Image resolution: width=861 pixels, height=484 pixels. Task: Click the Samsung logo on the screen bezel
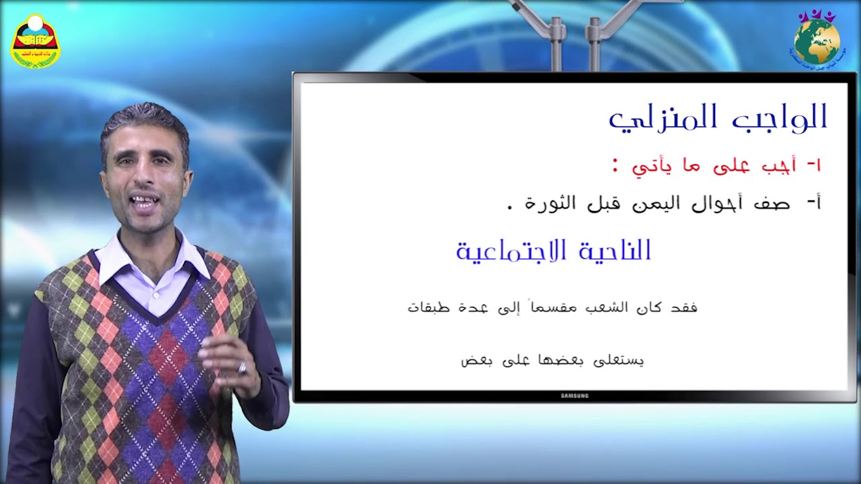click(x=574, y=396)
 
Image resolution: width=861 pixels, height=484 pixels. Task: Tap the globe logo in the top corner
click(x=817, y=39)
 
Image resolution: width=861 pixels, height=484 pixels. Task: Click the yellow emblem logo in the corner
click(x=36, y=41)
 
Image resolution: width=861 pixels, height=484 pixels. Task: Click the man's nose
click(x=143, y=176)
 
